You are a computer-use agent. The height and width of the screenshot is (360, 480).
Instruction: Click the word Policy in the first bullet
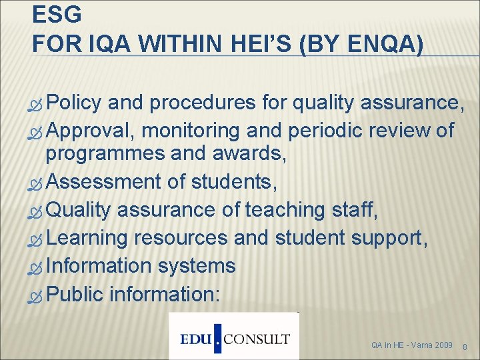pos(73,103)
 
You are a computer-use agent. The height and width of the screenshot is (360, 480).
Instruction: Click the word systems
pos(197,265)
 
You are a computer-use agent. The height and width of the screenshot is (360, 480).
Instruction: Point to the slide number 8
pos(465,346)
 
